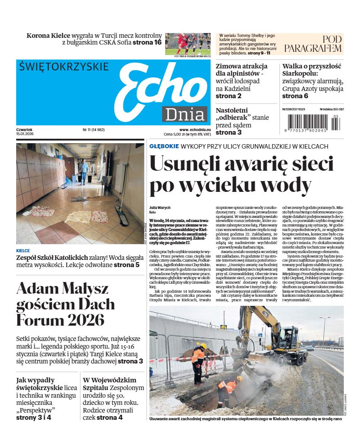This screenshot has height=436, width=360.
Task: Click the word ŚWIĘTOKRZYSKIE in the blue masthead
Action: point(64,67)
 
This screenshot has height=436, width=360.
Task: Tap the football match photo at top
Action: point(187,44)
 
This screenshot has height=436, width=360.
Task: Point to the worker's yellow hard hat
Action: point(203,346)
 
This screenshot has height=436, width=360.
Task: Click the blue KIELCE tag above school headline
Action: point(23,250)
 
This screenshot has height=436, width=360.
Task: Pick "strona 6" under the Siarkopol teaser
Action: point(295,96)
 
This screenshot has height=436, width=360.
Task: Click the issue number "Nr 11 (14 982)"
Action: point(94,130)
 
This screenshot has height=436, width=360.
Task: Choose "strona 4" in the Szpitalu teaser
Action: point(109,418)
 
